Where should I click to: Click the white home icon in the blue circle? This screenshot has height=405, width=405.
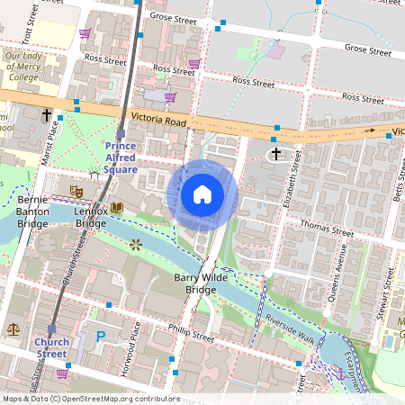[x=202, y=194]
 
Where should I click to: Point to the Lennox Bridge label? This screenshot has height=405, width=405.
[x=91, y=216]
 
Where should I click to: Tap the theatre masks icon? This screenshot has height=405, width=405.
[x=76, y=192]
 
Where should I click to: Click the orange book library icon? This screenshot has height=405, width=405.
[x=117, y=208]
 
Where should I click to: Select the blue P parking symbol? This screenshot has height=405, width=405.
[x=101, y=337]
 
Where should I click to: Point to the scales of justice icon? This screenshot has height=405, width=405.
[x=13, y=329]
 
